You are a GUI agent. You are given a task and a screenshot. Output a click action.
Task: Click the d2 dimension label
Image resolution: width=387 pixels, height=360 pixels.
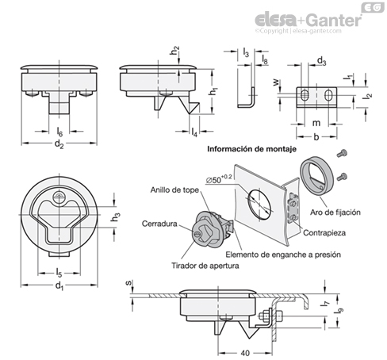tap(59, 144)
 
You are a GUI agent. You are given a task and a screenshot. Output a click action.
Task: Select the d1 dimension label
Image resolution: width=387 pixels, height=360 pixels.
tap(59, 286)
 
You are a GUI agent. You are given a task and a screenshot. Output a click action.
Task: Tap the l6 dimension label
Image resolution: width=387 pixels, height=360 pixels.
tap(59, 132)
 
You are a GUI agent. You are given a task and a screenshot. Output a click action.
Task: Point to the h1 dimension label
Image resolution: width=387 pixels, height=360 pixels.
tap(213, 91)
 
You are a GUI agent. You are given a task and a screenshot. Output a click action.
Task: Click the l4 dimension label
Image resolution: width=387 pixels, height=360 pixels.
tap(194, 132)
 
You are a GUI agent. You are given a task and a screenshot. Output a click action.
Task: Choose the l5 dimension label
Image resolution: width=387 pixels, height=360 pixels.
tap(59, 273)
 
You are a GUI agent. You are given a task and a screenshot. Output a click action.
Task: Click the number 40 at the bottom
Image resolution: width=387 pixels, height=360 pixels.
tap(245, 353)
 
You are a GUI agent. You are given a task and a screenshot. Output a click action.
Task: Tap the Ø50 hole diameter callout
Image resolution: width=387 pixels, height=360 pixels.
tap(219, 179)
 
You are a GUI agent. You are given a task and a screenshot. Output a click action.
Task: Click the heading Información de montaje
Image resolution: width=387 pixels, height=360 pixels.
tap(251, 149)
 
